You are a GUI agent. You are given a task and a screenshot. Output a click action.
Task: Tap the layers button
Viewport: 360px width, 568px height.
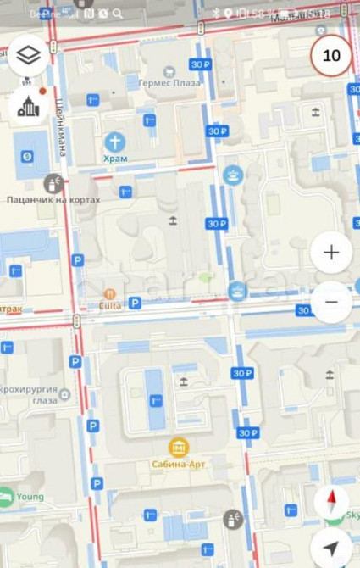tap(29, 55)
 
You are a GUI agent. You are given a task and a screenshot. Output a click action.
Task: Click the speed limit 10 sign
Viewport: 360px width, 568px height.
tap(331, 56)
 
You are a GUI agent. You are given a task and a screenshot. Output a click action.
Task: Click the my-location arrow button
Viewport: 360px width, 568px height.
tap(331, 547)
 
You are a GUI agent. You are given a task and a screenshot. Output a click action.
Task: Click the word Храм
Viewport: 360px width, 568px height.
tap(114, 159)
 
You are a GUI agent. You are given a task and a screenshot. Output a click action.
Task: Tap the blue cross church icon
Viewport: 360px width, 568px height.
tap(114, 141)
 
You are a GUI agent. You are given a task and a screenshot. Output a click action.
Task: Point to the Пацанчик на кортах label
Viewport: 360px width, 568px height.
tap(53, 200)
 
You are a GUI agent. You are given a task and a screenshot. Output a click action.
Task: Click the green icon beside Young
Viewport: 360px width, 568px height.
tap(6, 498)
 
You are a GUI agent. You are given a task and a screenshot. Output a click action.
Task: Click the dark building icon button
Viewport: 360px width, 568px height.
tap(29, 106)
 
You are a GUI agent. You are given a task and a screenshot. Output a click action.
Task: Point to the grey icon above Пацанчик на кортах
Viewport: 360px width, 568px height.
tap(53, 182)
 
